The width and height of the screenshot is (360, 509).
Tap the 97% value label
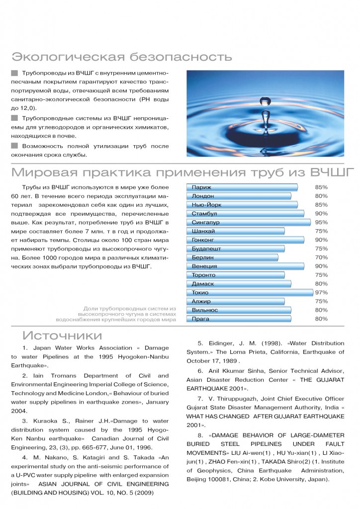pos(321,293)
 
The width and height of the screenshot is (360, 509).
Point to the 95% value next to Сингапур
pos(321,222)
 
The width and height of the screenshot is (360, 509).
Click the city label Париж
pos(201,187)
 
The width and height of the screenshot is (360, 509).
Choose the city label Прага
pos(201,319)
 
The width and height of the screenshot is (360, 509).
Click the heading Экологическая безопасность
pos(122,56)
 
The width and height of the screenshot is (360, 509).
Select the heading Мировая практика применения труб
pos(182,173)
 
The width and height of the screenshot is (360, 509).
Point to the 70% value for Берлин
pos(321,257)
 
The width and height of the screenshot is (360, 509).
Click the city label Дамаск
pos(203,284)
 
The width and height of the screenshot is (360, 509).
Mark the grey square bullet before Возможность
pos(14,146)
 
